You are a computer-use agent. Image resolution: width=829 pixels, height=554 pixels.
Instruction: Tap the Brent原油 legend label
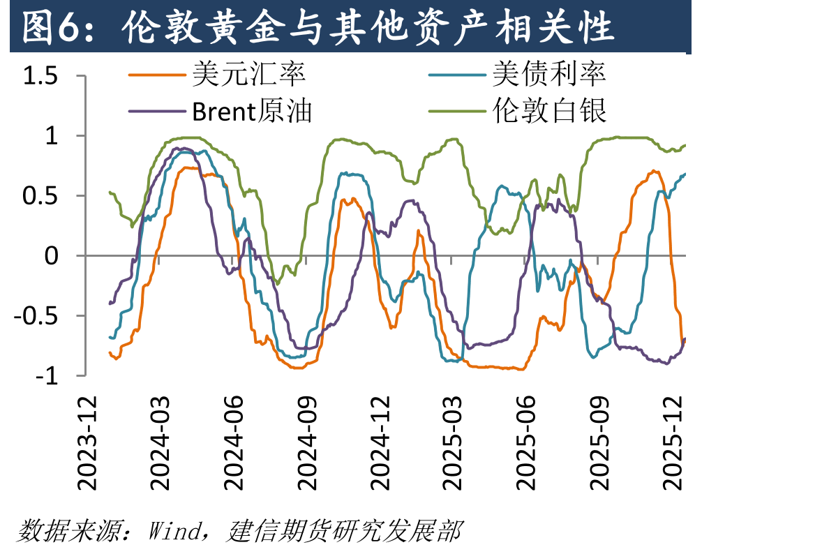252,111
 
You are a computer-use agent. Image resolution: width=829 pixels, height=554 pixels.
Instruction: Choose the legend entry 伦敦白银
549,111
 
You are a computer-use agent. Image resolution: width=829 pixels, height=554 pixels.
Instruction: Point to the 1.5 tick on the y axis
40,75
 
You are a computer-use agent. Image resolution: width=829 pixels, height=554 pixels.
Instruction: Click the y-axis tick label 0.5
40,195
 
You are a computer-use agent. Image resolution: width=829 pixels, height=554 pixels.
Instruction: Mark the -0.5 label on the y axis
36,315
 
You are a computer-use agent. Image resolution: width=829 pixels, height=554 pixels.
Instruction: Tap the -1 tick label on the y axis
47,376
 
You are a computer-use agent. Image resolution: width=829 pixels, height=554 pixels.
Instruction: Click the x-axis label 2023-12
87,443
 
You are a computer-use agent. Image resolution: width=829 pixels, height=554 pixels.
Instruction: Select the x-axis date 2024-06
233,443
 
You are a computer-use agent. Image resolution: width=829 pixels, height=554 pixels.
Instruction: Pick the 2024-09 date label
306,443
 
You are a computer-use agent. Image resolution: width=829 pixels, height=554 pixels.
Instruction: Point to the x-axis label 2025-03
452,443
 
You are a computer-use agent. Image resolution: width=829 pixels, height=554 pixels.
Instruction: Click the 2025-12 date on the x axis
673,443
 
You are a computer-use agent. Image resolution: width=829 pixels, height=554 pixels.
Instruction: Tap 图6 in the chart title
51,27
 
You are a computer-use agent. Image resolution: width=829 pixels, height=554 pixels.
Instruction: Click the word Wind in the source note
174,531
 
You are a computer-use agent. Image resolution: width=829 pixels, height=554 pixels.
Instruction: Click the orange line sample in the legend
157,75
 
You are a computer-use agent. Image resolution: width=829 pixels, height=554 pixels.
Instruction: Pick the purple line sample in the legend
157,112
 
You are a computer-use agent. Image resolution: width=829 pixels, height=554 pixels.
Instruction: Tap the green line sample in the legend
457,112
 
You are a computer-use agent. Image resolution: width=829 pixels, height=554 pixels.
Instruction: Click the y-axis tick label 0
51,256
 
